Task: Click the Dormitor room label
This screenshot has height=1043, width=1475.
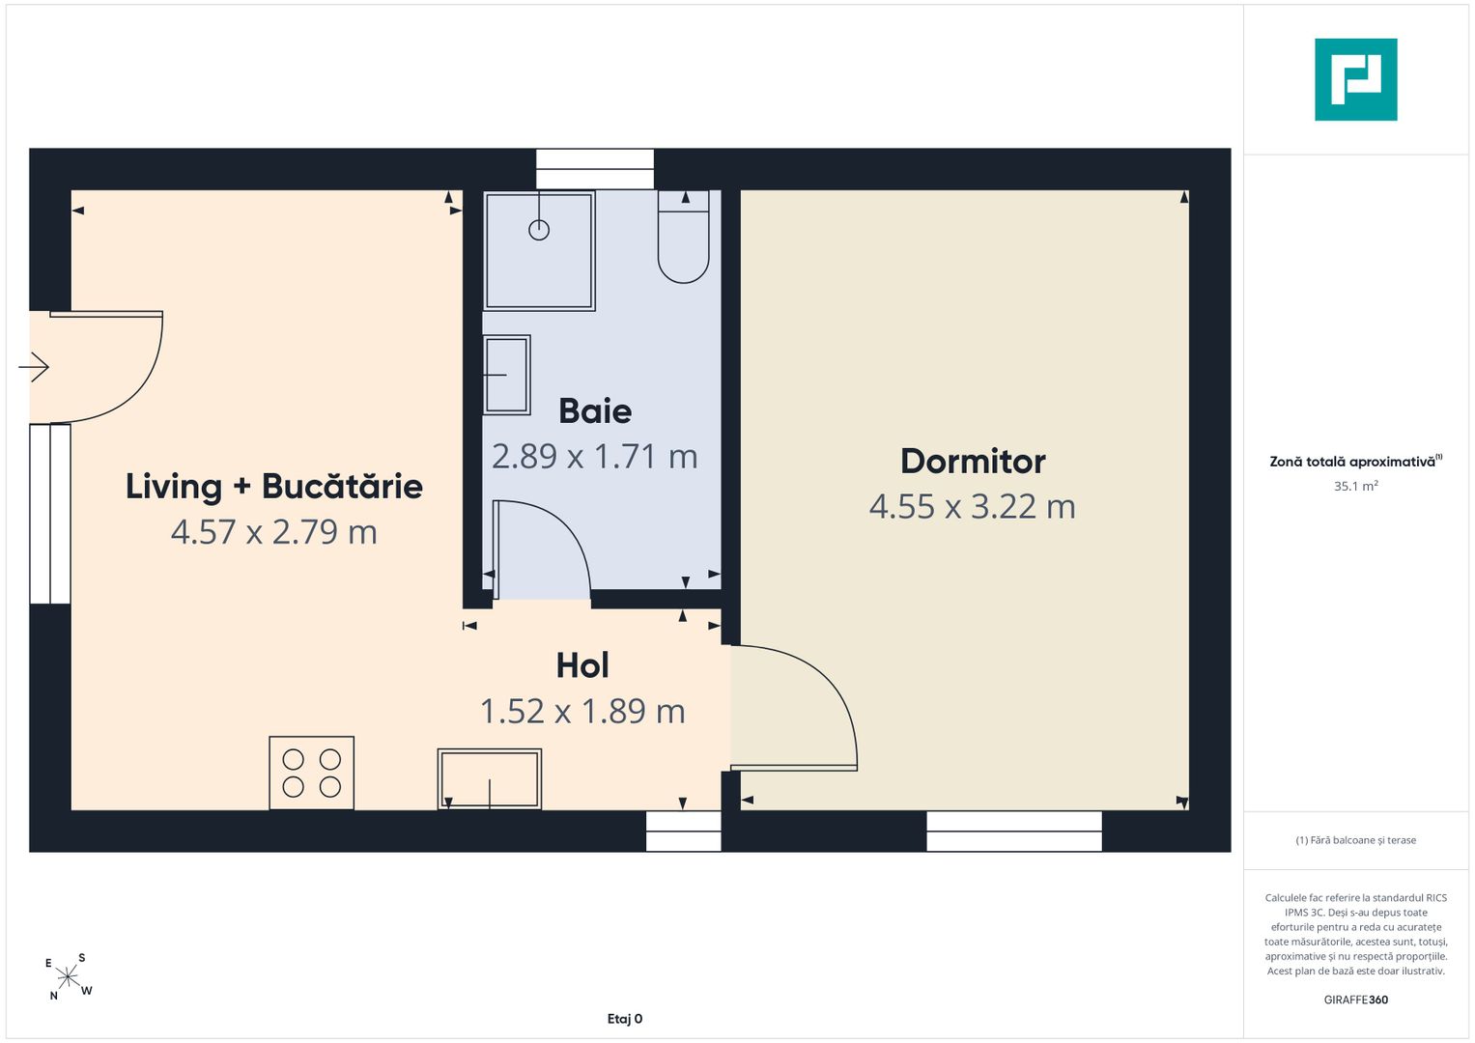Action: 973,462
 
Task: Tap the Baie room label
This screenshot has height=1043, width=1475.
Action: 595,411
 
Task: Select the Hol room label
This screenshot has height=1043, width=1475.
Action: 582,665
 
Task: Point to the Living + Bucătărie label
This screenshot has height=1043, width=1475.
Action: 274,488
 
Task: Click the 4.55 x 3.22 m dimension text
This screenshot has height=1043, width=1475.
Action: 973,506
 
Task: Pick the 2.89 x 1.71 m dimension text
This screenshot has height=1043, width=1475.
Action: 595,456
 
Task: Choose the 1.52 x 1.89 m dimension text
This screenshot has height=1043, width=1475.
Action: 582,711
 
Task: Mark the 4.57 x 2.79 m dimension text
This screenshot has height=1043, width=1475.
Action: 274,532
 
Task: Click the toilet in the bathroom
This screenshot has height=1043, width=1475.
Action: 684,237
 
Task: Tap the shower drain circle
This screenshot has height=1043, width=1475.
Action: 539,230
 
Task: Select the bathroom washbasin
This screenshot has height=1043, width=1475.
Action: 507,376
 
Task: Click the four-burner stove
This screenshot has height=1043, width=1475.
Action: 311,773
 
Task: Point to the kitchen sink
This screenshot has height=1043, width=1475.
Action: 490,779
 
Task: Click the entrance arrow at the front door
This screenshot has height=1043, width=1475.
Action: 34,367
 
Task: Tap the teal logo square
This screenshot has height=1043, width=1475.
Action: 1356,79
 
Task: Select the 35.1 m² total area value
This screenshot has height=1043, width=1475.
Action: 1356,486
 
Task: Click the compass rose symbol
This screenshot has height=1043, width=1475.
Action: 68,976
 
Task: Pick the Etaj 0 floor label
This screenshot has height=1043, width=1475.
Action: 624,1019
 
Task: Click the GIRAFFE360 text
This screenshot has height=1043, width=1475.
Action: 1356,1000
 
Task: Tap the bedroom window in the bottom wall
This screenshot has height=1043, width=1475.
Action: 1014,831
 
